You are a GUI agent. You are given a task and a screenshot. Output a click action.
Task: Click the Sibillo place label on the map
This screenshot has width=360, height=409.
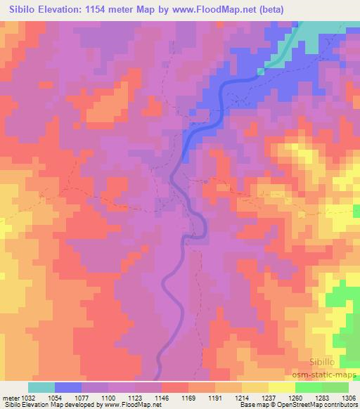coord(326,361)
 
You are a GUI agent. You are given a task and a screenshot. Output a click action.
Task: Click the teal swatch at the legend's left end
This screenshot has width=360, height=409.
coord(41,387)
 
